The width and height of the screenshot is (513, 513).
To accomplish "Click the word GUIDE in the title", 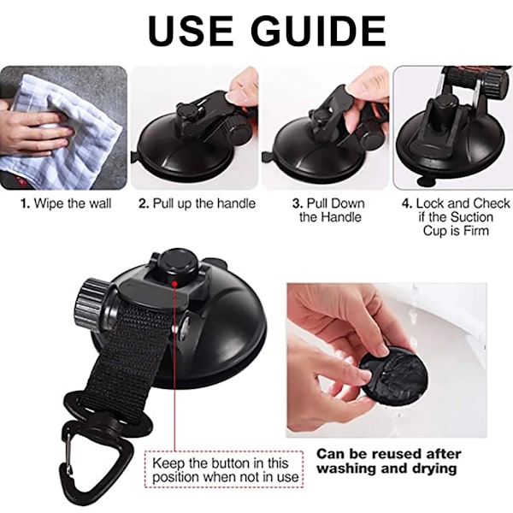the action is click(320, 31).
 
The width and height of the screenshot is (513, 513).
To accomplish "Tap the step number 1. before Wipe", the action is click(25, 203).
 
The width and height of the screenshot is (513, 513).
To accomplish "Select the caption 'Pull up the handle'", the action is click(204, 203).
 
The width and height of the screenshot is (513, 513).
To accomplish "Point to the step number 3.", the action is click(298, 203).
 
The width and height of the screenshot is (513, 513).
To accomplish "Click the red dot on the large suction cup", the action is click(175, 283).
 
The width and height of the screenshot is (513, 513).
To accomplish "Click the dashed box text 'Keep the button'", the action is click(221, 463).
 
